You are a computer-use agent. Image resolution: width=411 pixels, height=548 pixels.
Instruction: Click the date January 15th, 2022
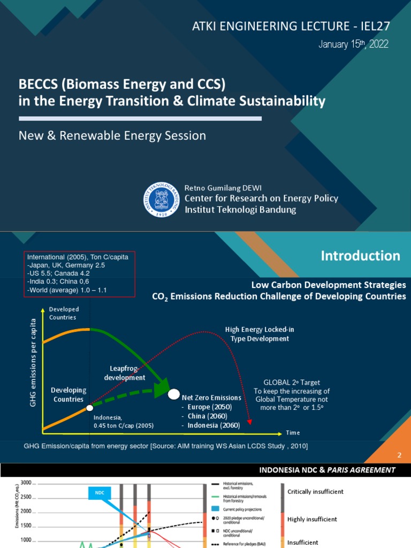point(353,44)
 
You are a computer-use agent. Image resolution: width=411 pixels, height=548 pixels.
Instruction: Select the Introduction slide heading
point(360,256)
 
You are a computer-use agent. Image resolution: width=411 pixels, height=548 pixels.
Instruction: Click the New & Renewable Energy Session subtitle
point(112,136)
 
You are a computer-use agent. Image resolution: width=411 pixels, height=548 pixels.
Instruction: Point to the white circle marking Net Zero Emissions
point(174,395)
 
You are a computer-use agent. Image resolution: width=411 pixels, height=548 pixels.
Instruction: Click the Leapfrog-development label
point(127,373)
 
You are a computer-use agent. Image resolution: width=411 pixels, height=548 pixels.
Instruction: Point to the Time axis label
point(293,432)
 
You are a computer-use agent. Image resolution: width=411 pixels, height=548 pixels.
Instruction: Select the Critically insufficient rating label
point(315,491)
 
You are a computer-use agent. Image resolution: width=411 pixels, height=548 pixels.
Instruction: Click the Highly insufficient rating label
point(312,519)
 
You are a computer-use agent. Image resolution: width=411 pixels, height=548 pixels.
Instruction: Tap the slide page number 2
point(399,455)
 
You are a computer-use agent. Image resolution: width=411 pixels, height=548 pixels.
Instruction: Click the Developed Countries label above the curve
point(64,313)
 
